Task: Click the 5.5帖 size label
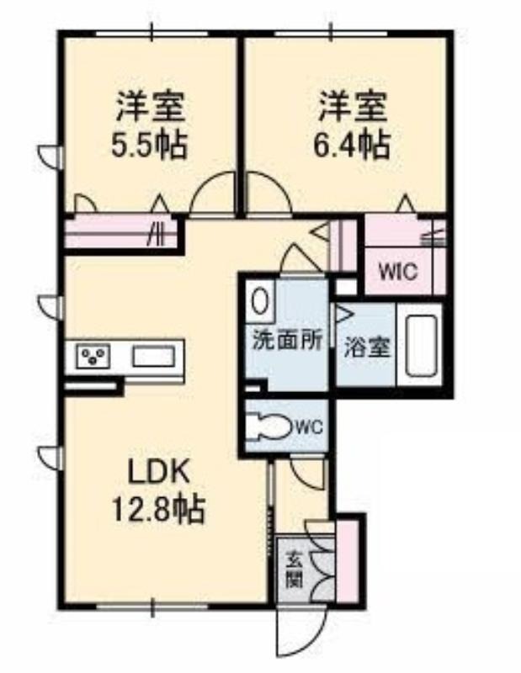pos(149,145)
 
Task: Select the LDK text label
pos(159,474)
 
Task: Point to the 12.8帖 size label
pos(158,509)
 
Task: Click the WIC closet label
pos(398,271)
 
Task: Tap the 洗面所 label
pos(287,341)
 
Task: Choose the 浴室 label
pos(367,347)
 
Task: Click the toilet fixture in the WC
pos(270,427)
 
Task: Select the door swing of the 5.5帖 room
pos(214,192)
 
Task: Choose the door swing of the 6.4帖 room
pos(268,192)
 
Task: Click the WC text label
pos(309,427)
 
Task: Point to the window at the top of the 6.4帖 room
pos(331,33)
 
